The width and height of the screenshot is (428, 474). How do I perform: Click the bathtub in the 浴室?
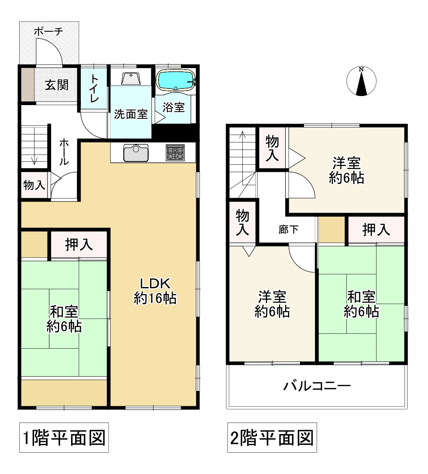click(175, 80)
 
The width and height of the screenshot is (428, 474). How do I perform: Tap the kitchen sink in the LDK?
click(136, 153)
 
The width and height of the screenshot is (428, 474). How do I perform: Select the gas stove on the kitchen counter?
click(175, 153)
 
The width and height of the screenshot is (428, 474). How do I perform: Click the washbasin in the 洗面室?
click(131, 78)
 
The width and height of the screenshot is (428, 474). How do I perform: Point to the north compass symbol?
click(361, 81)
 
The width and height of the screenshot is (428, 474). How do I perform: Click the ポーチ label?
click(49, 32)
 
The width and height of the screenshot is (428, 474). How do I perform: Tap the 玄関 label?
click(57, 85)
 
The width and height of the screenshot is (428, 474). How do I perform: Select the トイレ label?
click(94, 88)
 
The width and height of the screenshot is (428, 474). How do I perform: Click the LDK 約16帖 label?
click(155, 291)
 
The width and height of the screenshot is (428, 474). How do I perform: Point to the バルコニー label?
click(317, 386)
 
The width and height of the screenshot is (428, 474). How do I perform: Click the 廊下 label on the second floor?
click(288, 229)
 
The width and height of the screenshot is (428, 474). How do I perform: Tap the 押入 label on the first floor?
click(79, 245)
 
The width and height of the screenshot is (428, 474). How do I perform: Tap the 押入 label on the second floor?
click(376, 230)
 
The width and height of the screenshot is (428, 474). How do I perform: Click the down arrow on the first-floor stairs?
click(34, 146)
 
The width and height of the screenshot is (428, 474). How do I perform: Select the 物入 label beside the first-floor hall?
click(34, 185)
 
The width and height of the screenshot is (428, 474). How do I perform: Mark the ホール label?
click(64, 152)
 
